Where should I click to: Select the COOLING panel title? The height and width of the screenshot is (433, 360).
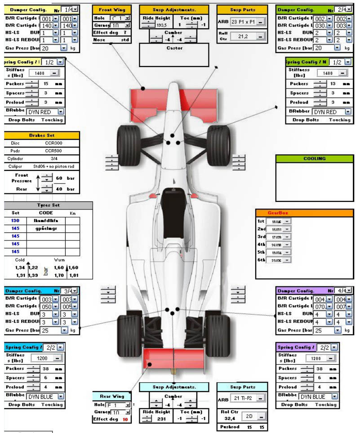[314, 158]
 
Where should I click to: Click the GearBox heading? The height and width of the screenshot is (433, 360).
[305, 213]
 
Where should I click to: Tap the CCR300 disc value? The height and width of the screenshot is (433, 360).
[53, 143]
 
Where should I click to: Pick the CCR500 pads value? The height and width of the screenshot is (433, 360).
[53, 151]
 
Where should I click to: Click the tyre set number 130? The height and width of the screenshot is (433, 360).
[15, 221]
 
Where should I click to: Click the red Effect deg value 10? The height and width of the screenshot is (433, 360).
[125, 419]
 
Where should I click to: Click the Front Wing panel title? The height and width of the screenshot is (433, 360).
[112, 9]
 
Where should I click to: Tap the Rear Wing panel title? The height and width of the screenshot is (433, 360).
[111, 396]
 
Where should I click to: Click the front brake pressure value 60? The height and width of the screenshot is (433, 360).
[59, 178]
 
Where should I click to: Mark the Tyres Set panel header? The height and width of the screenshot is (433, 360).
[48, 205]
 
